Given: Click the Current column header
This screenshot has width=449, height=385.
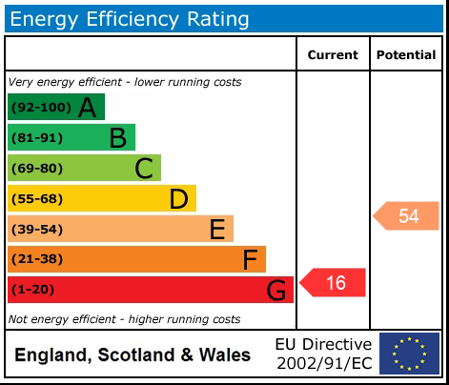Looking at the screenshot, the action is [333, 55].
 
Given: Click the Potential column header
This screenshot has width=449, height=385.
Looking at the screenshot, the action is [406, 55].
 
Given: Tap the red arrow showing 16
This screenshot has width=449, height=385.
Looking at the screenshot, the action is [333, 282].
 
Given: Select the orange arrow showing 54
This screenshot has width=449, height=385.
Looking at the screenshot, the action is [406, 215].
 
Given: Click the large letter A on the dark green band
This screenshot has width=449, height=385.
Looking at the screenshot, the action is [87, 108].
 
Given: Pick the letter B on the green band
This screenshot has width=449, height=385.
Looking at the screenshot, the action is [118, 138].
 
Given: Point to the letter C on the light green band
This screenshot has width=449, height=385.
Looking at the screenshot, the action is [144, 169].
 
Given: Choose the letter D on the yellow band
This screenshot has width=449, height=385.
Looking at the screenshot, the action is [179, 199].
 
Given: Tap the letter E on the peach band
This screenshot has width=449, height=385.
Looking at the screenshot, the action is [217, 229].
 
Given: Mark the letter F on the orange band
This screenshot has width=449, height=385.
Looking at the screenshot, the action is [250, 259].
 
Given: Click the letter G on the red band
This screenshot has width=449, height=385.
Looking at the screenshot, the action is [276, 290].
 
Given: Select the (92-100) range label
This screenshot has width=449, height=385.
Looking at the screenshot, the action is [41, 107].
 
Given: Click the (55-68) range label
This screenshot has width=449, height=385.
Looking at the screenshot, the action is [37, 199].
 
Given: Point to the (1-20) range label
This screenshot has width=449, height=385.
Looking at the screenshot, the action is [32, 290].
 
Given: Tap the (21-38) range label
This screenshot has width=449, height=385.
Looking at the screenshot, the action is [37, 259].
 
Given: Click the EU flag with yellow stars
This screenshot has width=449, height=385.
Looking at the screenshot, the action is [409, 354].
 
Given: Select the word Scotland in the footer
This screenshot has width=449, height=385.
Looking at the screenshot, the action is [136, 355].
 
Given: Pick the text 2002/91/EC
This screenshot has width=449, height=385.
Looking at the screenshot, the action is [324, 363].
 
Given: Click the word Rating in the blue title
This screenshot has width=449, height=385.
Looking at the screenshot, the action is [218, 19].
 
